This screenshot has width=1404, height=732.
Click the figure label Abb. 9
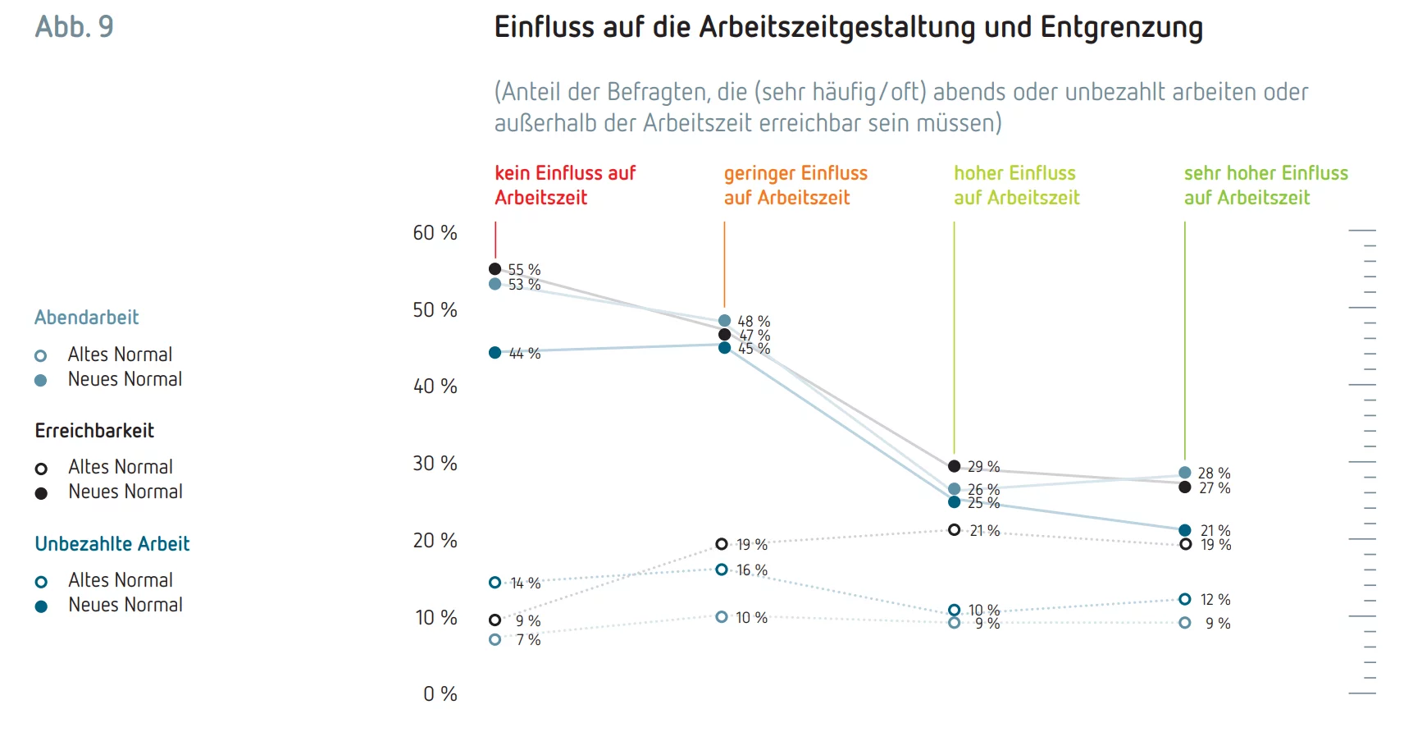74,27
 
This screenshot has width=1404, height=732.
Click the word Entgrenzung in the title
1121,27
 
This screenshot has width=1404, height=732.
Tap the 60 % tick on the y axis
435,233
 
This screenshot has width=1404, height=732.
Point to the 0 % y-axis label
440,694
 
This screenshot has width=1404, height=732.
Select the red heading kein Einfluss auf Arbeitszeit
565,185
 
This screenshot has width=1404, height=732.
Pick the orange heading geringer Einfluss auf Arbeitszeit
795,185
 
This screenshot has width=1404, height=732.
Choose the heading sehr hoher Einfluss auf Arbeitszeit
1265,185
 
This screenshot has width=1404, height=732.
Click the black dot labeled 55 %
495,269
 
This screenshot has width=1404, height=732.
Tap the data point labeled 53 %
495,284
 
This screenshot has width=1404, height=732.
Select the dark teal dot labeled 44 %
495,353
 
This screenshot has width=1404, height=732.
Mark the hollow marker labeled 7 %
495,639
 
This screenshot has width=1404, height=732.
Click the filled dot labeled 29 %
954,466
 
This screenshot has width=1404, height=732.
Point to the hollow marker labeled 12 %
1185,599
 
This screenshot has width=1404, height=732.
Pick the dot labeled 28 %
1185,473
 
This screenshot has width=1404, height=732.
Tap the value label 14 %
526,583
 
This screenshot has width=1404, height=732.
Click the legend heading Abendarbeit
86,318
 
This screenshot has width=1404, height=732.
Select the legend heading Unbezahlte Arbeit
112,544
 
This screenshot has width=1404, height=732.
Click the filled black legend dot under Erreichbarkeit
41,493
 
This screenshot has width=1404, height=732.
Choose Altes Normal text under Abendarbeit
120,355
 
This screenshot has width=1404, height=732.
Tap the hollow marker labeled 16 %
722,570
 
